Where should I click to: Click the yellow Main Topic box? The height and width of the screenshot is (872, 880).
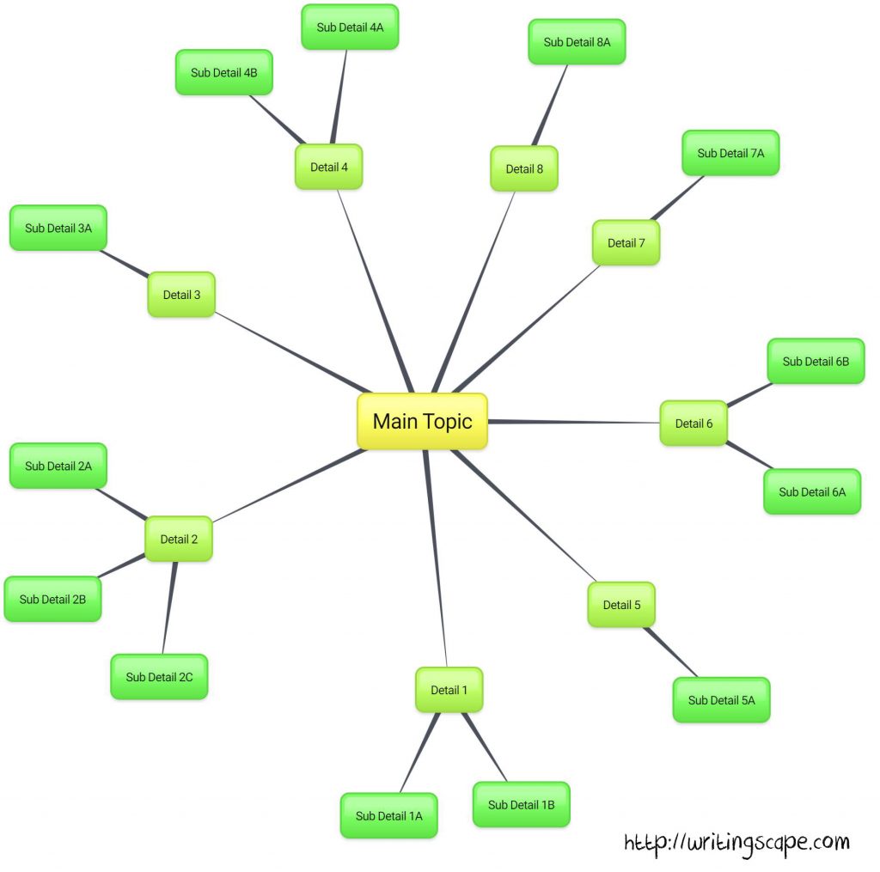[422, 421]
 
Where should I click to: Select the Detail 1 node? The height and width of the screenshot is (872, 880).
[449, 690]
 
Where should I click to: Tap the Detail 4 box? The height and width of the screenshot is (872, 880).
[329, 167]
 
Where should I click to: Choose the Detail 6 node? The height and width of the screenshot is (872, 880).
[694, 423]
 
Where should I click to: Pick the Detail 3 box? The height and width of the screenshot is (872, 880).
[181, 295]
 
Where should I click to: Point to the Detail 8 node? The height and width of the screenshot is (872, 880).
[524, 169]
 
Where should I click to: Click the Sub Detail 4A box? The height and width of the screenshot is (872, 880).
[351, 27]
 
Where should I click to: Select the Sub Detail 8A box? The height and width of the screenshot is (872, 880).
[577, 42]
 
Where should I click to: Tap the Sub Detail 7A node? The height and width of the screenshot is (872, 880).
[730, 153]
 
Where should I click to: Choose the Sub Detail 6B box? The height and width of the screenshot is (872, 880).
[816, 362]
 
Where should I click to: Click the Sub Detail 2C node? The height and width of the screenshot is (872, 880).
[159, 677]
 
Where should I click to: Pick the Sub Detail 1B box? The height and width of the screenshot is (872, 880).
[522, 805]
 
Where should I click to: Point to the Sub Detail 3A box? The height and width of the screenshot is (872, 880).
[58, 228]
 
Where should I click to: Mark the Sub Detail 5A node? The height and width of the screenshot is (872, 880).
[722, 699]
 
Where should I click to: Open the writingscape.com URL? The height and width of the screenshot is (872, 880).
[736, 844]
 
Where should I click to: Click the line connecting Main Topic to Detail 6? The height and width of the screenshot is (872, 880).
[573, 422]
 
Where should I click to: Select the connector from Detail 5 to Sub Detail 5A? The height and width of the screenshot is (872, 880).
[670, 652]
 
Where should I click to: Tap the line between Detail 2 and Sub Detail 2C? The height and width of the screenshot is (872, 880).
[169, 607]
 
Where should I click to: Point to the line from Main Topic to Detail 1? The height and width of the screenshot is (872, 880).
[436, 558]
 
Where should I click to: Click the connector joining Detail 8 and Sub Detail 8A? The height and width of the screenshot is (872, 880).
[550, 106]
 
